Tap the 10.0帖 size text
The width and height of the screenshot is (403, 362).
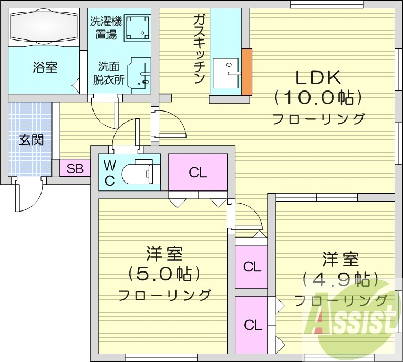(x=318, y=97)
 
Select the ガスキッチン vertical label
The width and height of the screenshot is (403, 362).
(x=199, y=49)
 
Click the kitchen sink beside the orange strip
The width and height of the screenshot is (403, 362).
(x=226, y=74)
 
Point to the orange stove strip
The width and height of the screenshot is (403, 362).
(x=246, y=72)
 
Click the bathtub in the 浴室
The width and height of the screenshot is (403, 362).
(x=44, y=27)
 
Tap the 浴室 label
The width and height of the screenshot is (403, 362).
(x=45, y=67)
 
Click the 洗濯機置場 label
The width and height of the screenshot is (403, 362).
(x=106, y=28)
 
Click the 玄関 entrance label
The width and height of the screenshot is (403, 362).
(x=31, y=140)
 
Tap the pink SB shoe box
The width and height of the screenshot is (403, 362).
(x=75, y=169)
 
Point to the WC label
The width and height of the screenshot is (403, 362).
(x=109, y=173)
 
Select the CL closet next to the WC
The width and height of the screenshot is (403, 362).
(x=198, y=172)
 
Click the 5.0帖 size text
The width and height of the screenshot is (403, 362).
(x=164, y=274)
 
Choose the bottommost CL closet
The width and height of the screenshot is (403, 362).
(x=252, y=325)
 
